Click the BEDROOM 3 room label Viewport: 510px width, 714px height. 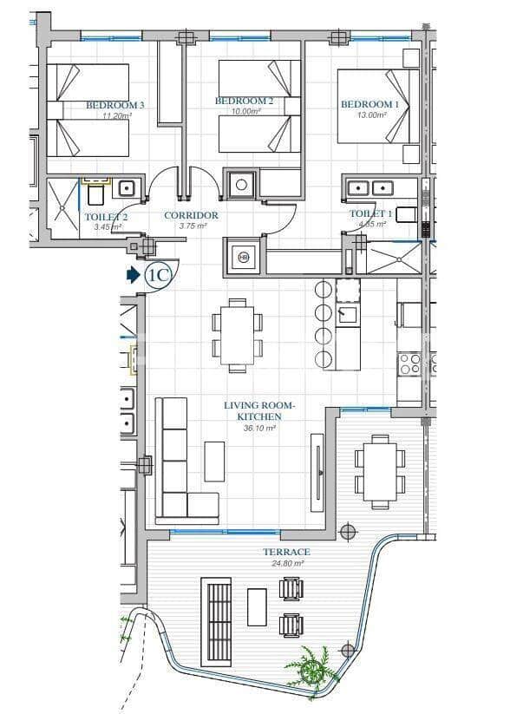point(114,105)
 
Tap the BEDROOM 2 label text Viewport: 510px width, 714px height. point(244,102)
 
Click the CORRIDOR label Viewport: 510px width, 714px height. point(191,215)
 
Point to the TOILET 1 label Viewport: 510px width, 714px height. point(370,213)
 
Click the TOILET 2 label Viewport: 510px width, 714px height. point(106,217)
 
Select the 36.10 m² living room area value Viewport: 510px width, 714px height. point(259,428)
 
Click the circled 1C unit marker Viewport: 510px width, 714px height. point(159,275)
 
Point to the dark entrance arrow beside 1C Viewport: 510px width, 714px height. point(133,275)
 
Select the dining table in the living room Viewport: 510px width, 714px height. point(237,334)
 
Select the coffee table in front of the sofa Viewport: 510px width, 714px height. point(214,461)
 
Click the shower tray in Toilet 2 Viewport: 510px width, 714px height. point(62,207)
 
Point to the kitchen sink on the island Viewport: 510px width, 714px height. point(348,314)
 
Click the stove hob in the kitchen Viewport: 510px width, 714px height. point(409,363)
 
